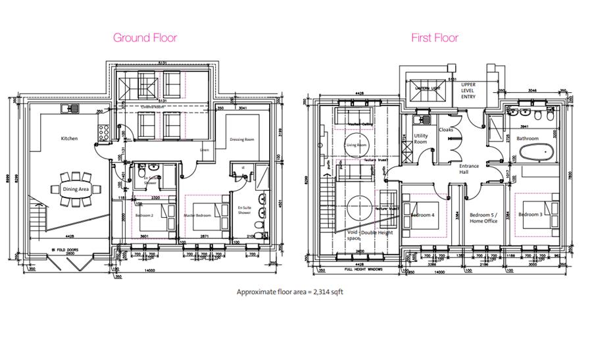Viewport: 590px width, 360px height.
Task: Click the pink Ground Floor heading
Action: click(x=145, y=38)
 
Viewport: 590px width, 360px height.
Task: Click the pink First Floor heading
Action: click(x=435, y=38)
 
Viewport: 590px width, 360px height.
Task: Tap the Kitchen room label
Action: click(x=70, y=139)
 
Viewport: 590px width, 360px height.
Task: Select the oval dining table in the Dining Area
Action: click(x=76, y=189)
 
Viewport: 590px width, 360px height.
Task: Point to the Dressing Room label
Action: click(x=242, y=140)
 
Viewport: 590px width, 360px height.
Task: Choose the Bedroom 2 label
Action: click(x=145, y=215)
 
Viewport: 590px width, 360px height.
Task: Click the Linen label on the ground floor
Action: click(x=205, y=150)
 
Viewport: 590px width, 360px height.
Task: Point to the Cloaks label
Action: click(x=447, y=130)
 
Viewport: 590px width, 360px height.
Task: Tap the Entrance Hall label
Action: click(x=469, y=169)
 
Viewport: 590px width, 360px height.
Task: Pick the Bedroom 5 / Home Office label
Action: click(x=483, y=217)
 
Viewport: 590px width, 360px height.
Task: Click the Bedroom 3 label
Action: click(x=530, y=215)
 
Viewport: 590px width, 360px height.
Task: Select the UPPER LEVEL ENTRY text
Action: click(x=468, y=91)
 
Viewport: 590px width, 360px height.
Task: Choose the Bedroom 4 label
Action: click(x=423, y=215)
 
